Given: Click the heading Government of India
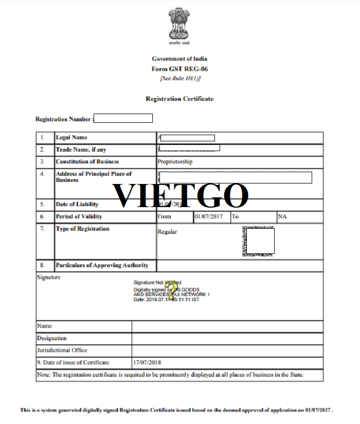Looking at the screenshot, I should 179,59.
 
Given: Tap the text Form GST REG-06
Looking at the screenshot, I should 179,69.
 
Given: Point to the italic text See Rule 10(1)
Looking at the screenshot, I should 180,78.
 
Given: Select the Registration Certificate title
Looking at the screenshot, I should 179,99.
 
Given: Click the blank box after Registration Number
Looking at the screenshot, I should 123,119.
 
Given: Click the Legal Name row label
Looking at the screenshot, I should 71,138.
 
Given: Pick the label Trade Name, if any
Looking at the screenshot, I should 81,150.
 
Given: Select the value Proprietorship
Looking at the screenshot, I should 175,162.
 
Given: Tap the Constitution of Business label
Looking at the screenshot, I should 87,162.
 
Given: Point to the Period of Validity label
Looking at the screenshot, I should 79,216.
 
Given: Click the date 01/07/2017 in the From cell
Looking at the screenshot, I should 208,216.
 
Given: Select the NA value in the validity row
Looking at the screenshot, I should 282,216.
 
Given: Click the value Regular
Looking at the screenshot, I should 167,232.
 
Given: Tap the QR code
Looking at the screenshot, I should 259,241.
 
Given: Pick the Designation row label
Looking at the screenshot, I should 52,338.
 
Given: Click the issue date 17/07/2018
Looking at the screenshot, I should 147,362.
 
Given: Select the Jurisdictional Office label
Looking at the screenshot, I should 62,350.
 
